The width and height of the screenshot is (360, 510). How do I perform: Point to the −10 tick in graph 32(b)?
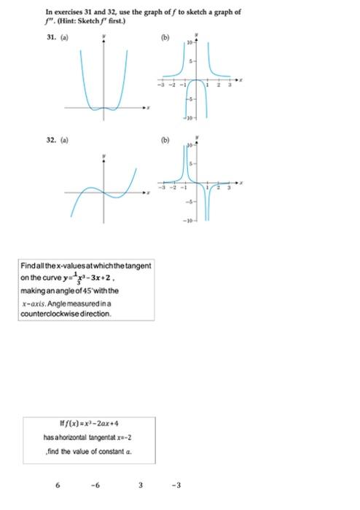[186, 217]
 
